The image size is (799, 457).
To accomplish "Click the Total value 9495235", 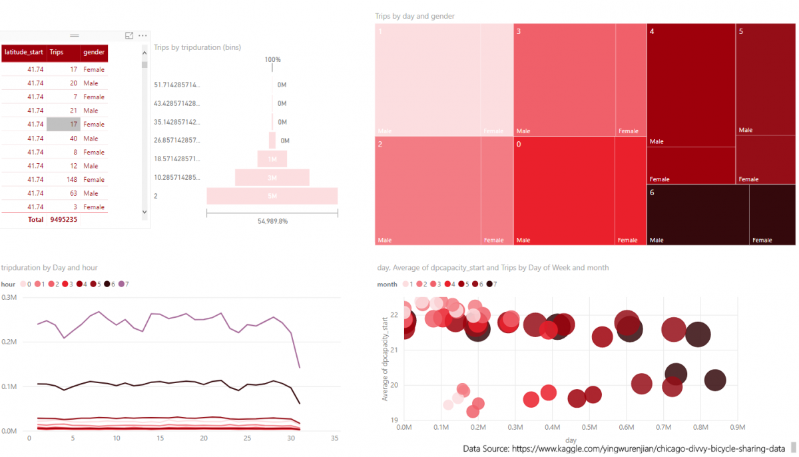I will pyautogui.click(x=64, y=220).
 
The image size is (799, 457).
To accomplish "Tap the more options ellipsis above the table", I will pyautogui.click(x=142, y=35).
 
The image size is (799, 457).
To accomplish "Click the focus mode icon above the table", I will pyautogui.click(x=129, y=35).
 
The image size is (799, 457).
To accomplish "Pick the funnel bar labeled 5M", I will pyautogui.click(x=272, y=196).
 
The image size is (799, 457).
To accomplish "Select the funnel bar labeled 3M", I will pyautogui.click(x=272, y=178).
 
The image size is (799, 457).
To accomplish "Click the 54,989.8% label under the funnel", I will pyautogui.click(x=272, y=221).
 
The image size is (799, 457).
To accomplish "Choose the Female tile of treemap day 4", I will pyautogui.click(x=690, y=166).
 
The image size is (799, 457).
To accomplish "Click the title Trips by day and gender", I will pyautogui.click(x=415, y=16).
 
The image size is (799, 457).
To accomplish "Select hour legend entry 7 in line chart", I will pyautogui.click(x=125, y=284).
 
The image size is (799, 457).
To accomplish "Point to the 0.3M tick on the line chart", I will pyautogui.click(x=9, y=297).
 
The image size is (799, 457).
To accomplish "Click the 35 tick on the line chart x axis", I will pyautogui.click(x=334, y=438).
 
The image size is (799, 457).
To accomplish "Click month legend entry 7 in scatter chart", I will pyautogui.click(x=492, y=284).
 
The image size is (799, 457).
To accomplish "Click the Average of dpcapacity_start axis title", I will pyautogui.click(x=385, y=359).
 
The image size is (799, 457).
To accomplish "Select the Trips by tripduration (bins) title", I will pyautogui.click(x=197, y=48).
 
